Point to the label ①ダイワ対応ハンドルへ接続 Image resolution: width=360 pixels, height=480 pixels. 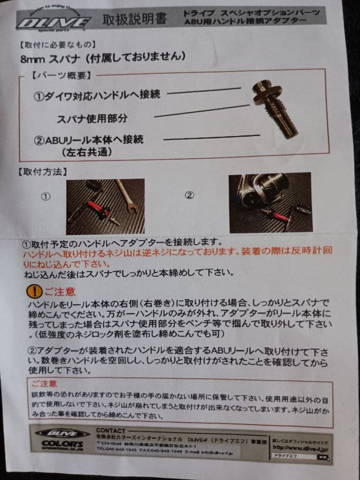pyautogui.click(x=97, y=95)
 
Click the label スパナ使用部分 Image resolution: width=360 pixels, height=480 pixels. pyautogui.click(x=92, y=118)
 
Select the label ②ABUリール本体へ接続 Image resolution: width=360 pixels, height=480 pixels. pyautogui.click(x=89, y=140)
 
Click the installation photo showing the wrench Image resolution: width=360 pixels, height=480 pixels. pyautogui.click(x=105, y=206)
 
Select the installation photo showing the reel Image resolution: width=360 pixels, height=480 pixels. pyautogui.click(x=270, y=203)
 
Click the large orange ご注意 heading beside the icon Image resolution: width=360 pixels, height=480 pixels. pyautogui.click(x=60, y=292)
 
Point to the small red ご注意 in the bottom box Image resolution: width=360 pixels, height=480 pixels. pyautogui.click(x=44, y=383)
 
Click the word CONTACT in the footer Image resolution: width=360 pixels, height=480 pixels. pyautogui.click(x=111, y=430)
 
